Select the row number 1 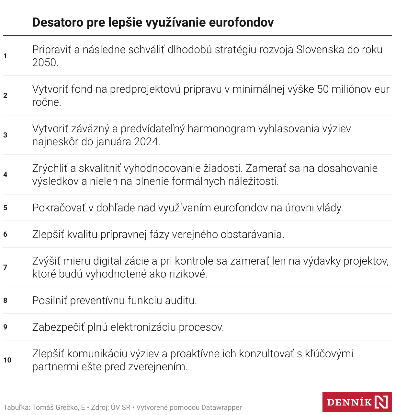tap(5, 56)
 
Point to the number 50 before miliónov tap(323, 89)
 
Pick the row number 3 tap(5, 135)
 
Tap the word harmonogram tap(221, 129)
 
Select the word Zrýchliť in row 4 tap(50, 168)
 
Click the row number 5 tap(5, 208)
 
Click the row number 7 tap(5, 267)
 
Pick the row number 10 tap(7, 360)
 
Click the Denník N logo tap(357, 402)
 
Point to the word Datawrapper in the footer tap(221, 408)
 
